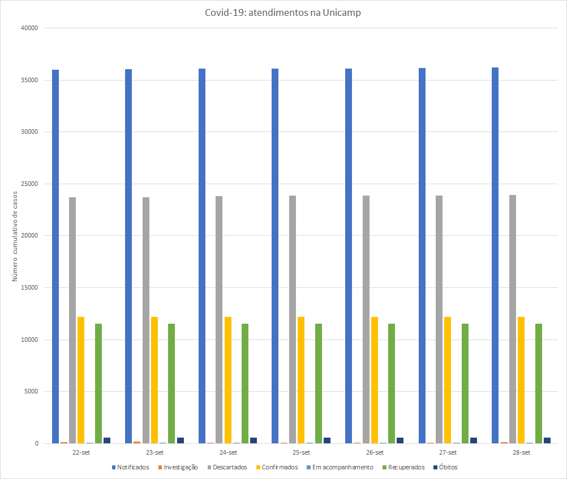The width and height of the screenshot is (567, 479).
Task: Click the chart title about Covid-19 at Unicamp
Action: click(283, 13)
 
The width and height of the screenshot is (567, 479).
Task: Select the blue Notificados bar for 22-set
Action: click(55, 255)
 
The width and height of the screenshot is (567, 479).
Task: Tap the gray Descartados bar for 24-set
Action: click(219, 317)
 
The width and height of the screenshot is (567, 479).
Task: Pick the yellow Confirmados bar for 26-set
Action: click(375, 380)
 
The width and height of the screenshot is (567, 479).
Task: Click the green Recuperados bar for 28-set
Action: click(539, 383)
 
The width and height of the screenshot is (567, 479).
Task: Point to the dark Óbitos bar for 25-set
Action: click(327, 440)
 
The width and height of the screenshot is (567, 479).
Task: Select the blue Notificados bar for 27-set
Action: click(422, 255)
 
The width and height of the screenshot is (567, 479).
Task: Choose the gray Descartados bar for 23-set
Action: click(146, 317)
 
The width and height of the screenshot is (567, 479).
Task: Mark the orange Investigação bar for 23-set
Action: click(137, 442)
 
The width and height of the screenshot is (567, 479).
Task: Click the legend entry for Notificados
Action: click(131, 467)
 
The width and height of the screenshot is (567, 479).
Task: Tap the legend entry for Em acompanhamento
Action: click(340, 467)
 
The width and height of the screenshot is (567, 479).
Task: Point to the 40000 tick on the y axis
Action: click(29, 28)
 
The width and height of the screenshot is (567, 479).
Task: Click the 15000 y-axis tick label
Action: click(29, 287)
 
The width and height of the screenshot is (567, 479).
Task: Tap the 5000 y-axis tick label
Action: click(31, 391)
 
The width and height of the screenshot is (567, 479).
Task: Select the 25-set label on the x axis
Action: click(301, 452)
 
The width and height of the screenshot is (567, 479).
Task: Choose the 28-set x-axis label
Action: click(521, 452)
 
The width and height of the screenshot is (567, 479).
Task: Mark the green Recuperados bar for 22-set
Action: click(98, 383)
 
